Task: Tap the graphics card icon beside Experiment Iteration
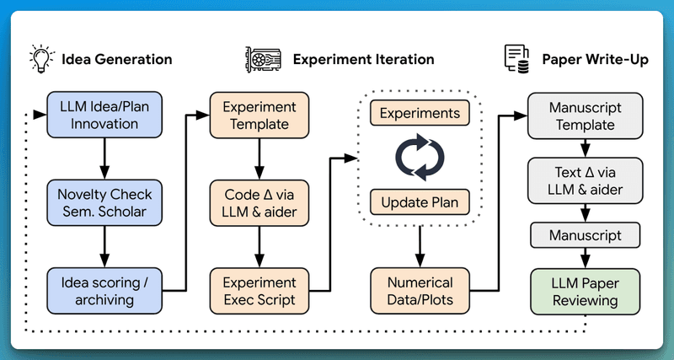point(262,59)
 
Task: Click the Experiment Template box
point(259,116)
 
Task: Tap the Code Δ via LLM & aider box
point(259,201)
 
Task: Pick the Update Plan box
point(420,202)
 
